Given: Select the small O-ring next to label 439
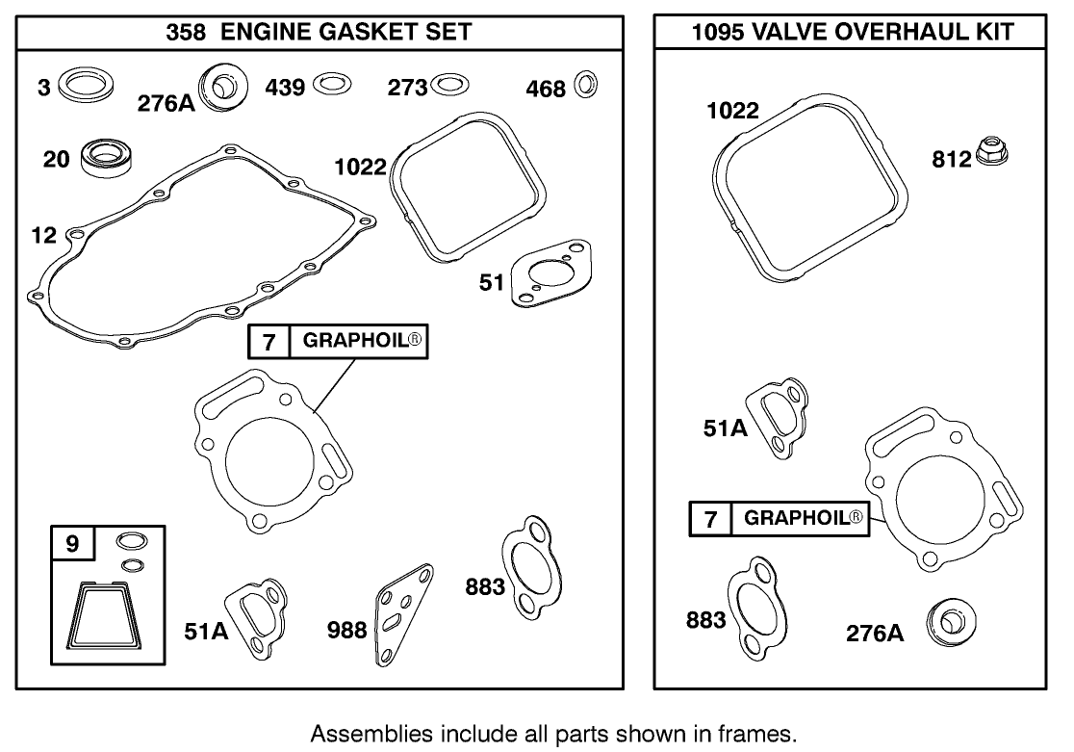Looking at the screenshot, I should click(330, 86).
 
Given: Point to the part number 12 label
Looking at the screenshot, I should click(44, 234).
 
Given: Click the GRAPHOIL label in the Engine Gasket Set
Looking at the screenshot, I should click(364, 341).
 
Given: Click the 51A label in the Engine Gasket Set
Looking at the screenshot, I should click(206, 631).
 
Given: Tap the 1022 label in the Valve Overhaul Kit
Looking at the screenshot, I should click(732, 110).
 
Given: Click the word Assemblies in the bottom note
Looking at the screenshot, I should click(362, 733).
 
